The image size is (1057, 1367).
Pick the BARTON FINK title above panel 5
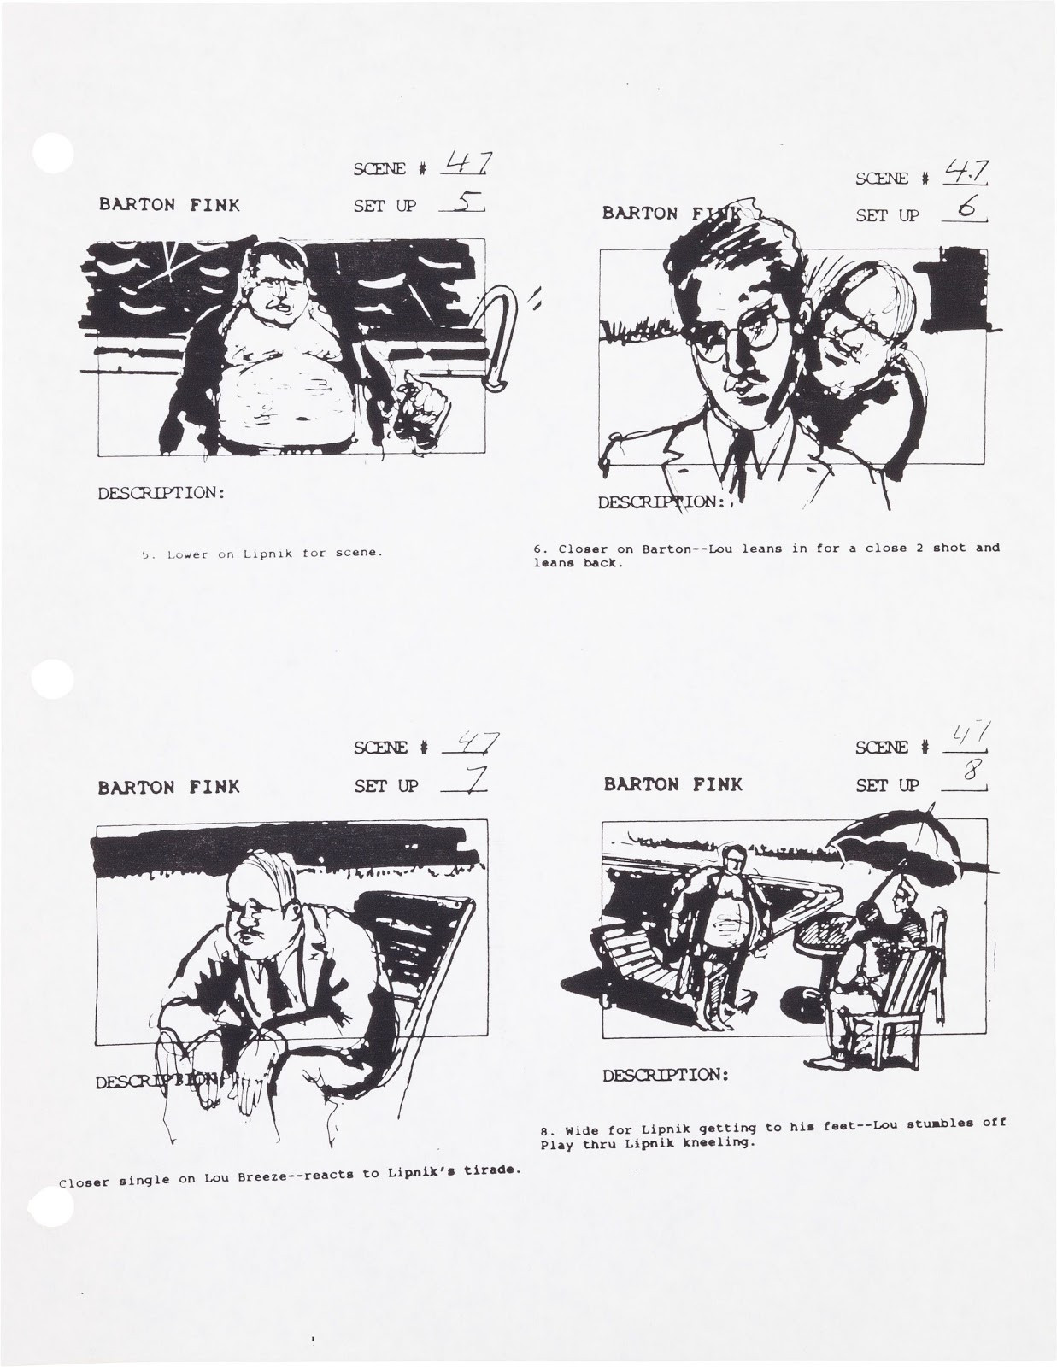click(169, 205)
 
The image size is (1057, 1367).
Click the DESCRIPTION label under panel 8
click(666, 1075)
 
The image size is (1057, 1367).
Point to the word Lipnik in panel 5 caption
click(269, 553)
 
